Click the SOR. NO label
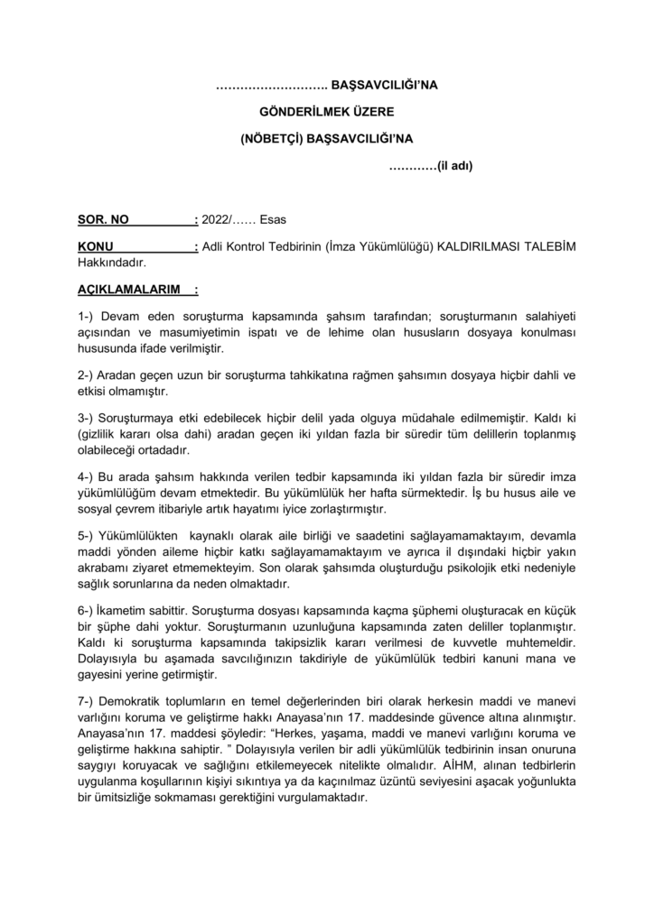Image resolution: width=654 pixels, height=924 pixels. [x=104, y=219]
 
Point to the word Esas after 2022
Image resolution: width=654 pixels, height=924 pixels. [x=275, y=219]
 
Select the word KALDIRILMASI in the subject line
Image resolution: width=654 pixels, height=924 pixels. [x=482, y=247]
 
